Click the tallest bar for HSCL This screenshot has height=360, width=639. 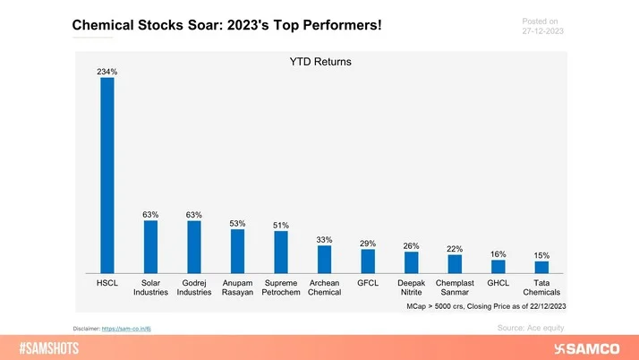[x=107, y=175]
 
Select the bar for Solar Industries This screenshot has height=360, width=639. [x=150, y=247]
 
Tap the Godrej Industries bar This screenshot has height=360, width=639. [x=194, y=247]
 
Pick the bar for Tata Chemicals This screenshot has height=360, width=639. [x=541, y=267]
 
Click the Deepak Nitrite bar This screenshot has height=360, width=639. [x=411, y=262]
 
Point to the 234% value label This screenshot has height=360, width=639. [x=107, y=71]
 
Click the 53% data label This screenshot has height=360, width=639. [x=237, y=222]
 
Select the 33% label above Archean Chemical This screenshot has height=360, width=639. [x=324, y=239]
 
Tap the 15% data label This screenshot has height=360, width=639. [x=541, y=255]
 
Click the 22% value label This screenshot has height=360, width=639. [x=455, y=248]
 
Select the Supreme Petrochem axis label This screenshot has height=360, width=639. [x=281, y=287]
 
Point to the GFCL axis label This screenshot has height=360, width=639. [x=368, y=282]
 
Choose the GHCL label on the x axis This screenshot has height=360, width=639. [x=498, y=282]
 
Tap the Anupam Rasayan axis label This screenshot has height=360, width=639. [x=237, y=287]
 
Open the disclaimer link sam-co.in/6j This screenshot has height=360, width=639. [x=132, y=329]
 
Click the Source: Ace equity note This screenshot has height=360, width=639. [x=530, y=329]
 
